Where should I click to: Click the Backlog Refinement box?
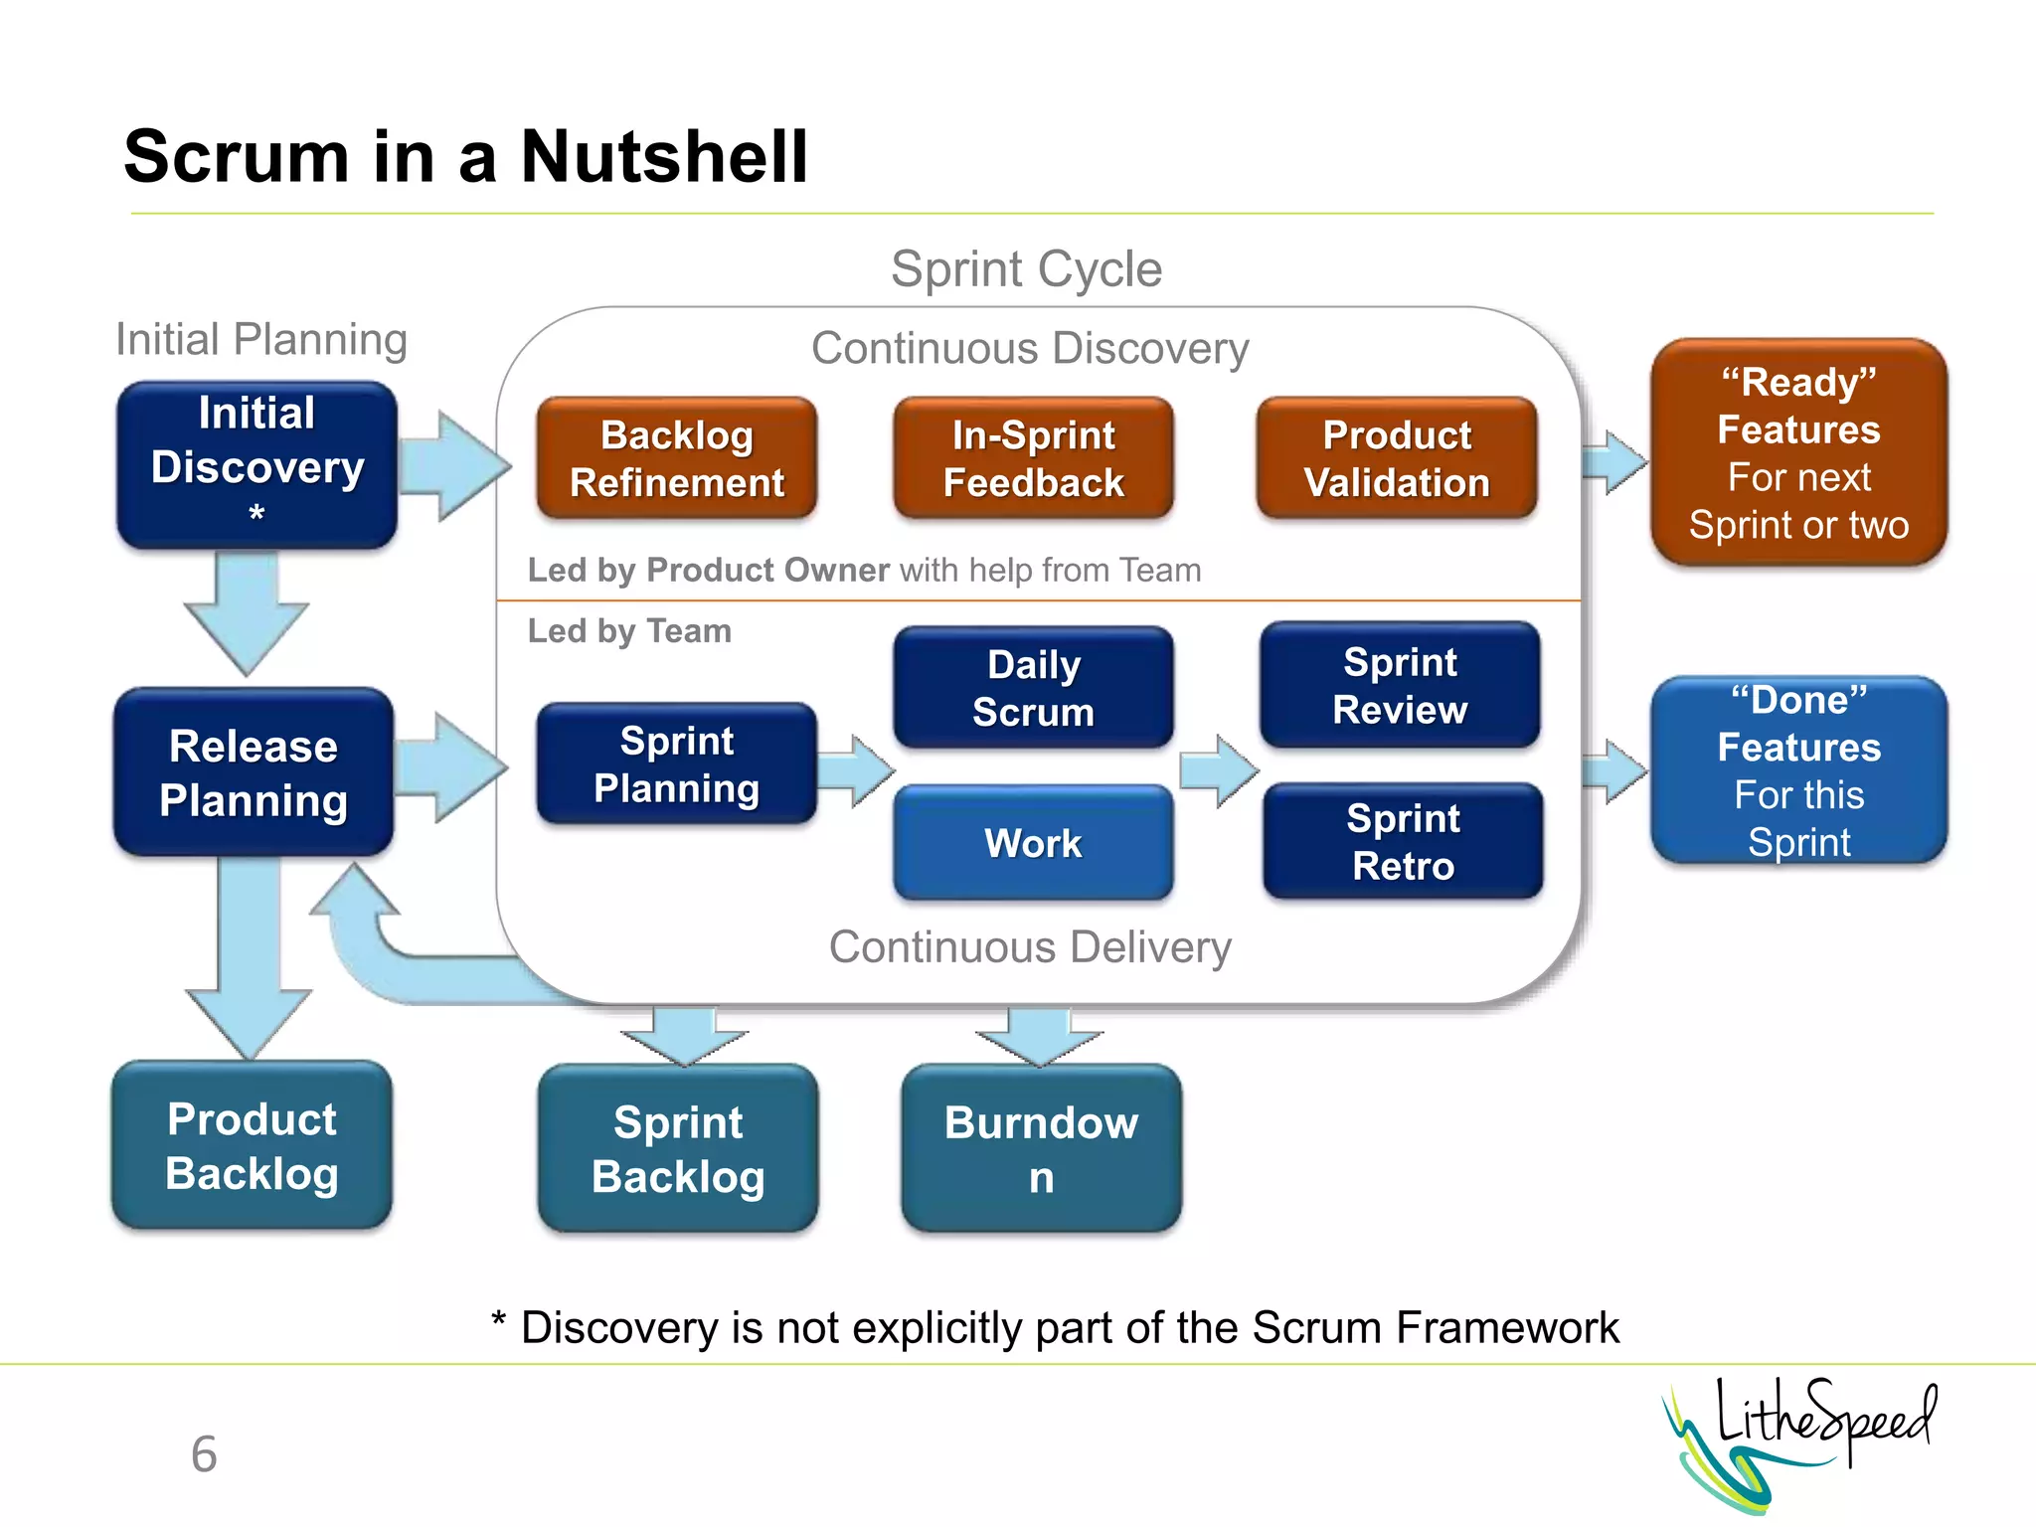(677, 458)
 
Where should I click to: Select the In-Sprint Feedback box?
(1033, 458)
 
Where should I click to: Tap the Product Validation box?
(1397, 458)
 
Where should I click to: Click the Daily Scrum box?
(1033, 688)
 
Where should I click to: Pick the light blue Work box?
(1033, 843)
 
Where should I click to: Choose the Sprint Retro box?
(1403, 841)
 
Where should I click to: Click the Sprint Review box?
(1400, 685)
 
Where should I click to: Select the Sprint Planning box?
(677, 763)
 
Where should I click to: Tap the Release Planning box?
(254, 772)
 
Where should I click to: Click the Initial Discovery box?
(256, 464)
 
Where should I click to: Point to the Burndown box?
(1041, 1148)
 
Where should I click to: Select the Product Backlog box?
(252, 1145)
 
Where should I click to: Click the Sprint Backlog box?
(678, 1148)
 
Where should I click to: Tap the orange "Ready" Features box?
(1798, 452)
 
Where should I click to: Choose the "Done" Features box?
(1798, 770)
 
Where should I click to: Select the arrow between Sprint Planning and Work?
(856, 770)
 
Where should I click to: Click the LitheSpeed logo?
(1799, 1442)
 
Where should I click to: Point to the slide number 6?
(204, 1454)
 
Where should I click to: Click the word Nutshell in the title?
(664, 157)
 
